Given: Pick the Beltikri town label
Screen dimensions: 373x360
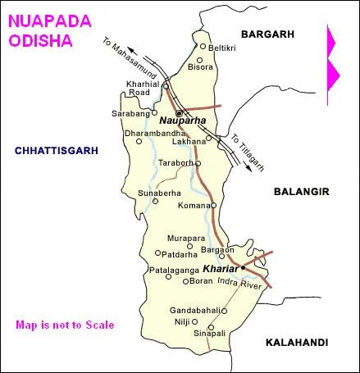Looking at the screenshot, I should (x=222, y=48).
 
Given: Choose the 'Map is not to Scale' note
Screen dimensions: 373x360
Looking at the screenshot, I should (x=64, y=325).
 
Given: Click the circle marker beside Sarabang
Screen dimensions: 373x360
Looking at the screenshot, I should (x=155, y=114).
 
